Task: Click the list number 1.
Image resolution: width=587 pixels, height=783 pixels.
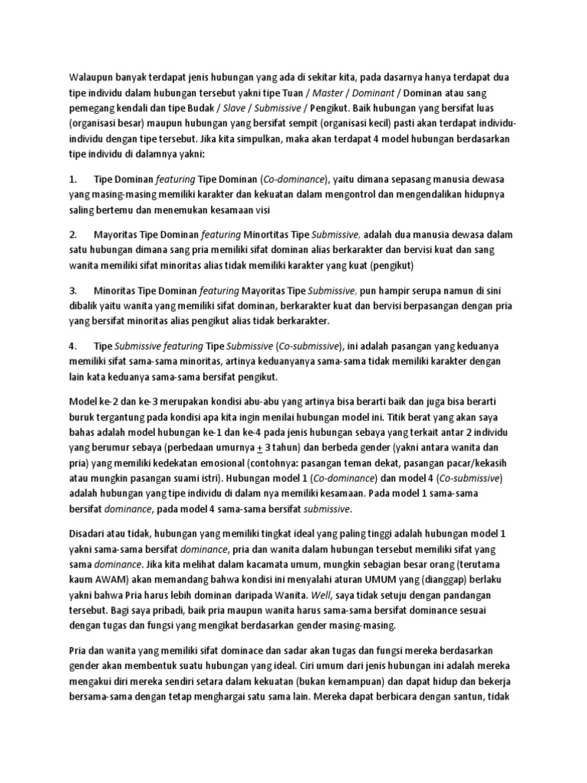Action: point(73,179)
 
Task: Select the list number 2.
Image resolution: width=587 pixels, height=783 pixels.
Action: point(73,234)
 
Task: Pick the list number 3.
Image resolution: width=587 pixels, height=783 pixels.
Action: point(73,290)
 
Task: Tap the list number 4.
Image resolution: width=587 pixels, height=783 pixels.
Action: point(73,345)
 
